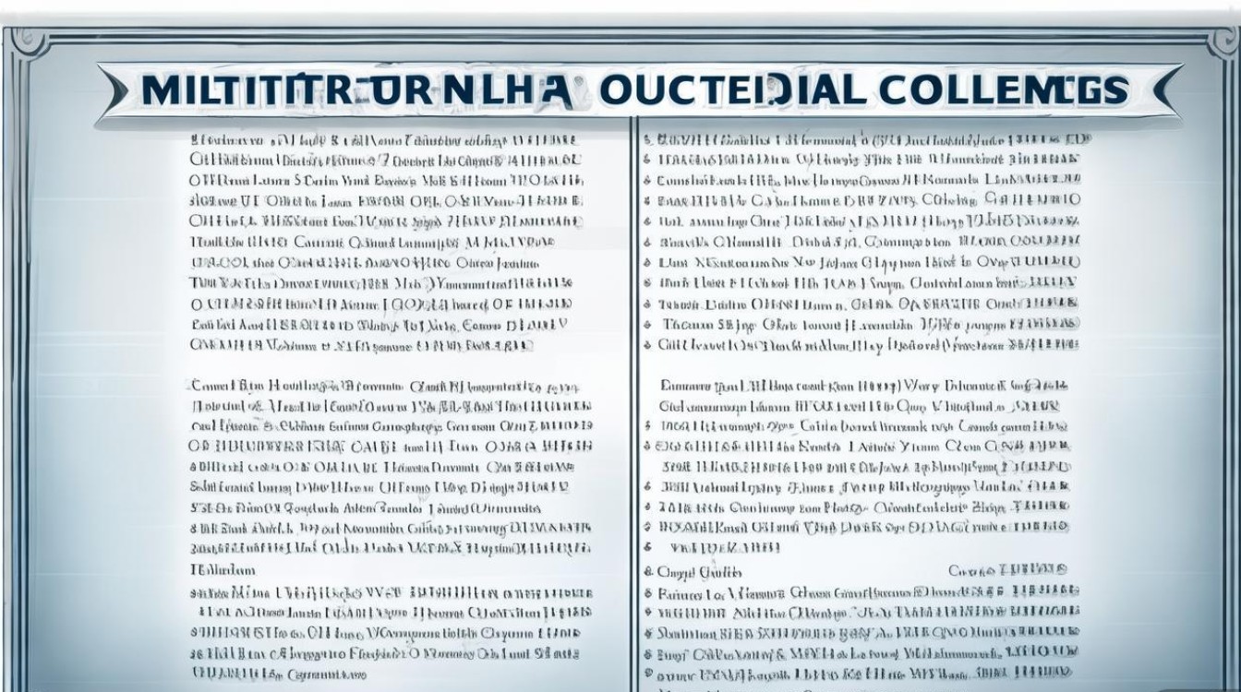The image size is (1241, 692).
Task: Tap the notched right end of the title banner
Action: click(1171, 89)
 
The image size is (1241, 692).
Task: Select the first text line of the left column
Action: click(384, 140)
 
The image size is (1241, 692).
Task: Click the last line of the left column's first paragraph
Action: click(361, 345)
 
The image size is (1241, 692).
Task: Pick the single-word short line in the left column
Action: click(223, 570)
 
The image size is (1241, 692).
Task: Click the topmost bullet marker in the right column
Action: click(647, 140)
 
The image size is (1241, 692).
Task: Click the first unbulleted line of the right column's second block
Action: click(863, 386)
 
